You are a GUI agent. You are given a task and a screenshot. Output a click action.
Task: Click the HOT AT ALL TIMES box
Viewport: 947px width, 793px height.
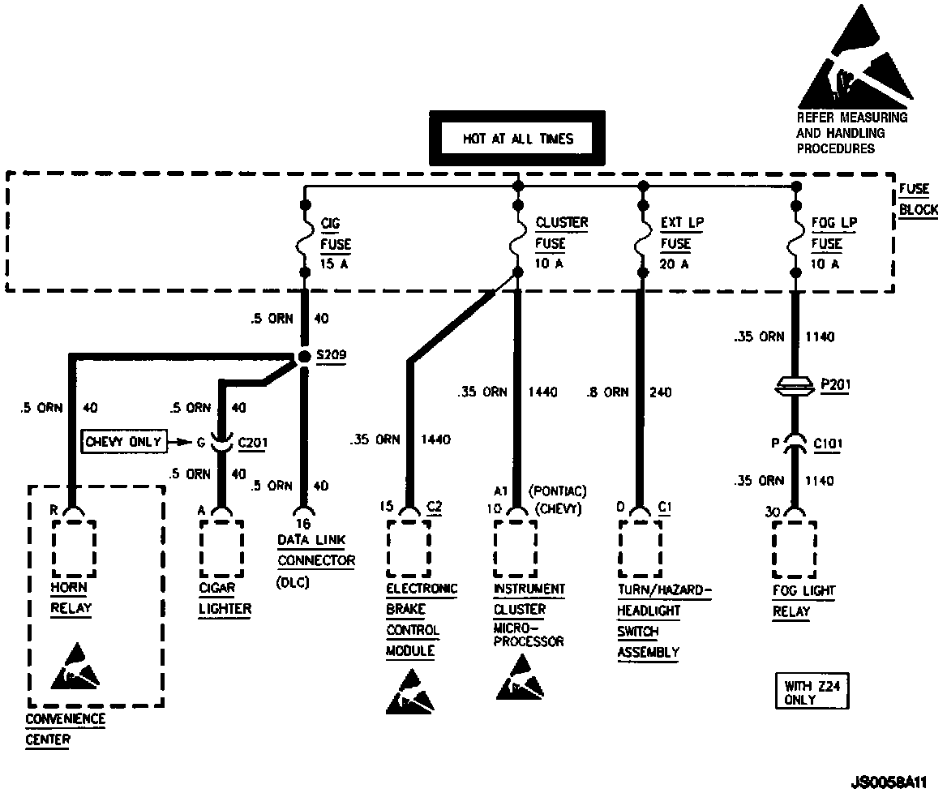click(516, 139)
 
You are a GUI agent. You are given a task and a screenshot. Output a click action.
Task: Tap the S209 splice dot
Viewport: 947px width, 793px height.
click(303, 357)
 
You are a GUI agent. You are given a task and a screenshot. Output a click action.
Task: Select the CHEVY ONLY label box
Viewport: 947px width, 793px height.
click(123, 442)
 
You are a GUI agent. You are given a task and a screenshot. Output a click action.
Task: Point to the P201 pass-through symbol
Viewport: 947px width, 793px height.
click(795, 386)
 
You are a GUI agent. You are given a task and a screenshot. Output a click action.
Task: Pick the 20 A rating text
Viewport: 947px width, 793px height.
click(675, 264)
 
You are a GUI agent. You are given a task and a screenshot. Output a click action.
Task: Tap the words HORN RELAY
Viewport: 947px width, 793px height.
click(70, 598)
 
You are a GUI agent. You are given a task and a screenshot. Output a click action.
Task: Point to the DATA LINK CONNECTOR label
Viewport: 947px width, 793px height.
click(315, 550)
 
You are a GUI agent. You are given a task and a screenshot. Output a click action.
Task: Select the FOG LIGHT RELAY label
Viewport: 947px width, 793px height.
click(803, 601)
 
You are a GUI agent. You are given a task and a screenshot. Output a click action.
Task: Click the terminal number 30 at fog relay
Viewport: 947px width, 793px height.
click(773, 512)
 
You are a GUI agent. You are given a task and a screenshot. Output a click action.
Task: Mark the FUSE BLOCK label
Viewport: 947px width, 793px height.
click(917, 199)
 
